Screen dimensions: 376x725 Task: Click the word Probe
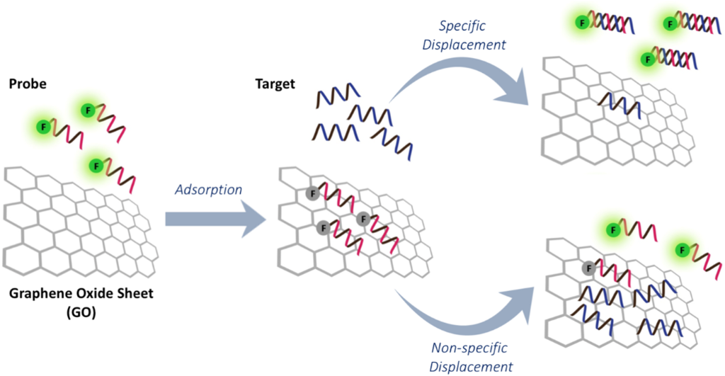28,84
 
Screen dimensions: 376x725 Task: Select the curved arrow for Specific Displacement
467,78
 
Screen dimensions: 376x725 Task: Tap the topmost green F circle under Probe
88,110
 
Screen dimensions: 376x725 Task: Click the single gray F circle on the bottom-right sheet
588,268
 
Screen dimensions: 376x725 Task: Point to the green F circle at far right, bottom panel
683,249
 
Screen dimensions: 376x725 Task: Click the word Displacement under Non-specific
472,366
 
